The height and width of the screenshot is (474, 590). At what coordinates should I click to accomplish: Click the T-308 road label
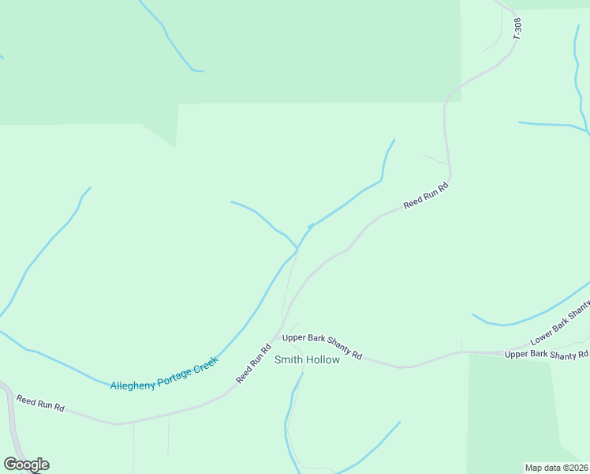point(517,29)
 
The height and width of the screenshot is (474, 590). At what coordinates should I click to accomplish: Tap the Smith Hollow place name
point(307,360)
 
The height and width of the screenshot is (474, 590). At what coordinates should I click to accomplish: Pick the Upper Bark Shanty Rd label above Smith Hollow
point(322,345)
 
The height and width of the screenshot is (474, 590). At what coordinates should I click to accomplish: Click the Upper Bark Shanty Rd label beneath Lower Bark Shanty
point(547,354)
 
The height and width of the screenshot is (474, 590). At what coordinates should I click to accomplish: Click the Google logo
point(26,465)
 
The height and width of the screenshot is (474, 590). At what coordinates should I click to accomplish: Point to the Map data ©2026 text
point(556,467)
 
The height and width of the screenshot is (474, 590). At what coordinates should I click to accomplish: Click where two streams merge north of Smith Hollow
point(297,248)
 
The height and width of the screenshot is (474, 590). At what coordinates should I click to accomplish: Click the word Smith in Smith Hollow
point(289,360)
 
